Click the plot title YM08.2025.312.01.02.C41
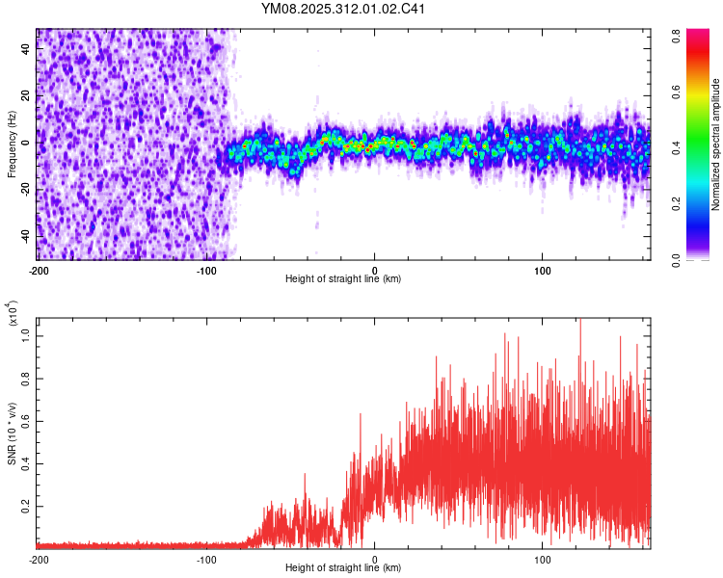tap(344, 10)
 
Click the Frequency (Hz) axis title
tap(12, 144)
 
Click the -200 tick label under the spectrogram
tap(39, 269)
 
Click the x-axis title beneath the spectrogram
tap(343, 278)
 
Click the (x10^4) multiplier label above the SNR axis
tap(12, 314)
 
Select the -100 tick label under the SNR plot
tap(206, 560)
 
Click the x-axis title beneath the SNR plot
tap(343, 568)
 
